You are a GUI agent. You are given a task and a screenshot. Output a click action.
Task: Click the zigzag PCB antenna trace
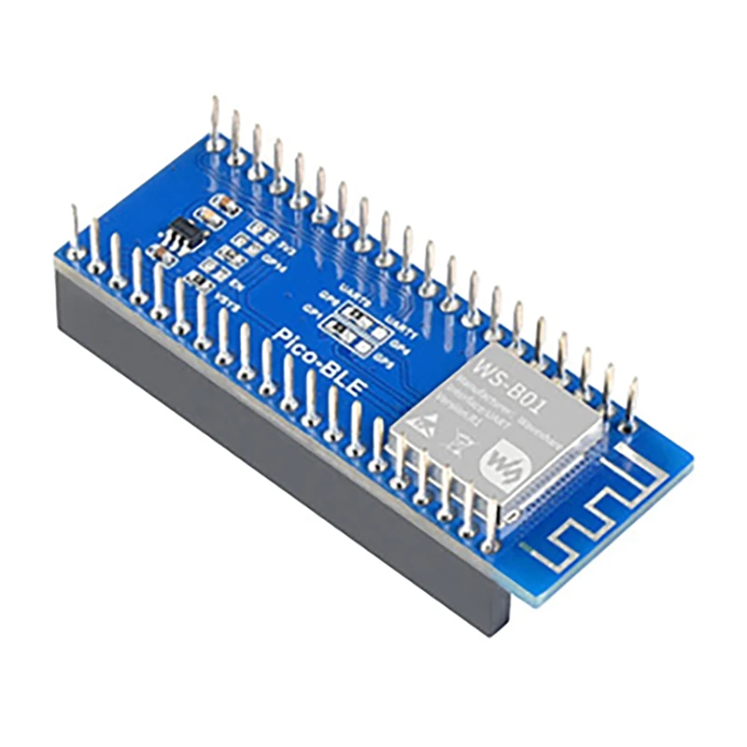[579, 523]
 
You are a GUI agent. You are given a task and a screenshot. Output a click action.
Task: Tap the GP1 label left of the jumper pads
[311, 307]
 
